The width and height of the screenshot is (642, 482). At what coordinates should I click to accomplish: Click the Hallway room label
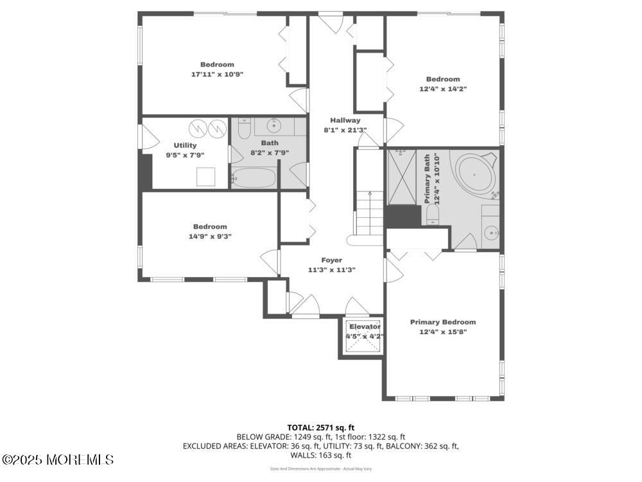pos(345,120)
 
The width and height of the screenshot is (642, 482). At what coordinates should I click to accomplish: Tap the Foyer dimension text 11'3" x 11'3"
pos(331,270)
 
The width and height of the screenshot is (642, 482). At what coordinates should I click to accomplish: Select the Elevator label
pos(365,326)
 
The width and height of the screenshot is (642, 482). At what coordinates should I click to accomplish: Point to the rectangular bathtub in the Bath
pos(254,177)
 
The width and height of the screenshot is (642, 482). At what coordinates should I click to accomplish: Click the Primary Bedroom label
pos(443,322)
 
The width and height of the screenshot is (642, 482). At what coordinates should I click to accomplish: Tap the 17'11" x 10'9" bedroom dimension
pos(217,75)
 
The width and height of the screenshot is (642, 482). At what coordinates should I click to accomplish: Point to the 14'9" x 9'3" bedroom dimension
pos(210,236)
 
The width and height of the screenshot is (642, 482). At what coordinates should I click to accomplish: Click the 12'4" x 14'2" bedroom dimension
pos(442,89)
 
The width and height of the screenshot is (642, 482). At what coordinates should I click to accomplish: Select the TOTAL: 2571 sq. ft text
pos(320,427)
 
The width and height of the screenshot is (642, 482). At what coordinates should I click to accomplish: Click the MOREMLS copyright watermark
pos(58,460)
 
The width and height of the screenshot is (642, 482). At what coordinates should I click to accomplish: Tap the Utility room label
pos(185,145)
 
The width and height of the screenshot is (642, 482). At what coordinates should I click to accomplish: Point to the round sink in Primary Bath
pos(491,233)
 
